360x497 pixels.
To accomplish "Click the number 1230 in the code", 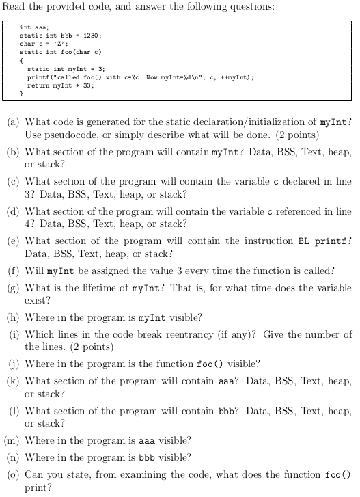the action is tap(94, 36).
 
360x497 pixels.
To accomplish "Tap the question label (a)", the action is tap(12, 122).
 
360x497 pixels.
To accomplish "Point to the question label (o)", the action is tap(12, 474).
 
